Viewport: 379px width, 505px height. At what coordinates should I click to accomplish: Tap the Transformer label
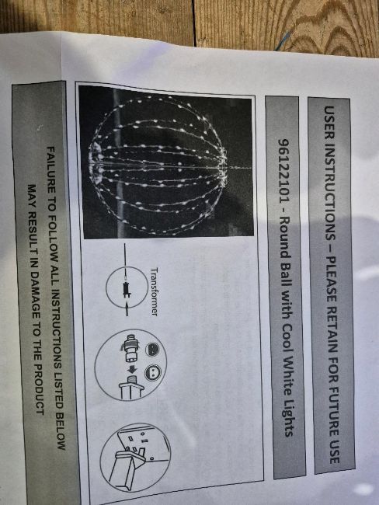coord(155,292)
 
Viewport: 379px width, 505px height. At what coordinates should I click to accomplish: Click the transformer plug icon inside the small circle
coord(126,287)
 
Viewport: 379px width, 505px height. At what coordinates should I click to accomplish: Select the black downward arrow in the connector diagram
coord(132,370)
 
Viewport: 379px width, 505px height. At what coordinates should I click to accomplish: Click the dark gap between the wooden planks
coord(194,23)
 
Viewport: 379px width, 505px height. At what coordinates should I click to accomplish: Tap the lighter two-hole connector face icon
coord(153,373)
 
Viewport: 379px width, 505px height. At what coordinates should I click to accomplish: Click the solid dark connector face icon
coord(152,350)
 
